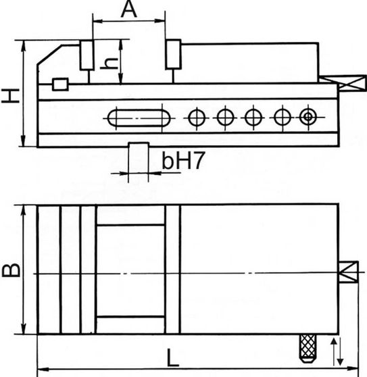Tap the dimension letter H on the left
click(x=10, y=96)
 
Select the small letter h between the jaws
click(x=109, y=64)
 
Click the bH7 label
click(x=183, y=160)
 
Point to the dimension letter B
click(x=11, y=270)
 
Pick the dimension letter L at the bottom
click(x=172, y=357)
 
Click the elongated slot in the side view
click(x=139, y=118)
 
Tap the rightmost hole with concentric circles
click(x=308, y=118)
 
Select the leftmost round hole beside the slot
click(x=197, y=118)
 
